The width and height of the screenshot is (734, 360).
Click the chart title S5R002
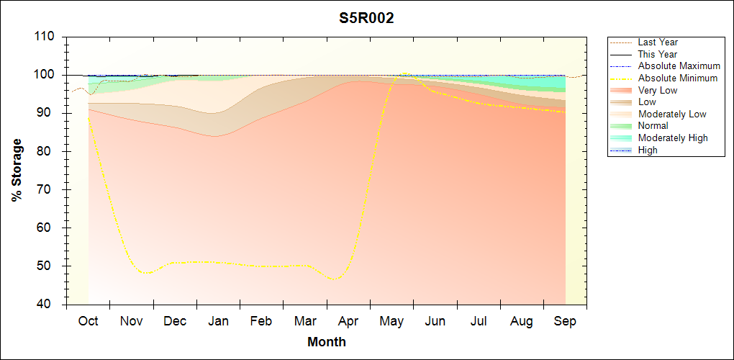(x=367, y=19)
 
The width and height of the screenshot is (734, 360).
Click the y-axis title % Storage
(x=17, y=174)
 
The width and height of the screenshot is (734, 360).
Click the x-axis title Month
(x=327, y=342)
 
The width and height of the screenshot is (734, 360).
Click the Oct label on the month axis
(x=88, y=321)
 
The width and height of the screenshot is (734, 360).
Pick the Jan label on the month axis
(x=218, y=321)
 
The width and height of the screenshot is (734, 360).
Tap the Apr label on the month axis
(x=348, y=321)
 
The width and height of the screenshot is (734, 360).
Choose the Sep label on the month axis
(x=565, y=321)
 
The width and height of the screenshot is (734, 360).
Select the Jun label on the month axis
(x=435, y=321)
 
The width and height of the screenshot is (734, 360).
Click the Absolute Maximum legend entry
(x=679, y=66)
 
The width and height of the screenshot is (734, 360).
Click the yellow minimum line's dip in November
(x=147, y=273)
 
